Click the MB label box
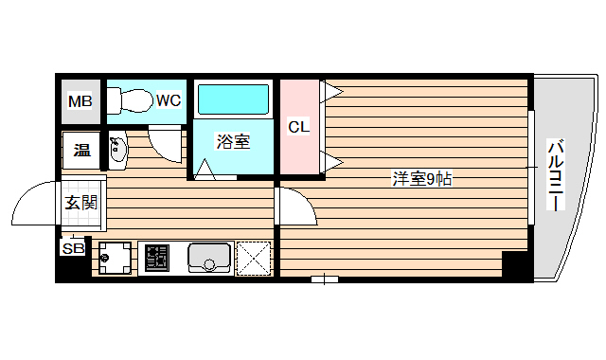click(x=80, y=101)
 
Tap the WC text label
click(x=169, y=99)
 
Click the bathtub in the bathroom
click(x=233, y=99)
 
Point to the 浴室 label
click(x=233, y=142)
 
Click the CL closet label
click(x=299, y=126)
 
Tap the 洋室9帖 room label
click(x=421, y=178)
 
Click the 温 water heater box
click(x=81, y=150)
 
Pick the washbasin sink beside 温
click(x=117, y=151)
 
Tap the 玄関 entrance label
click(x=80, y=202)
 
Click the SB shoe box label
click(x=72, y=248)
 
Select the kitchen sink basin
click(x=209, y=257)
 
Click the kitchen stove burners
click(x=156, y=258)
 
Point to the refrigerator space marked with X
click(x=254, y=258)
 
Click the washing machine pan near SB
click(x=115, y=257)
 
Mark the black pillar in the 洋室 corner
click(x=513, y=265)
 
